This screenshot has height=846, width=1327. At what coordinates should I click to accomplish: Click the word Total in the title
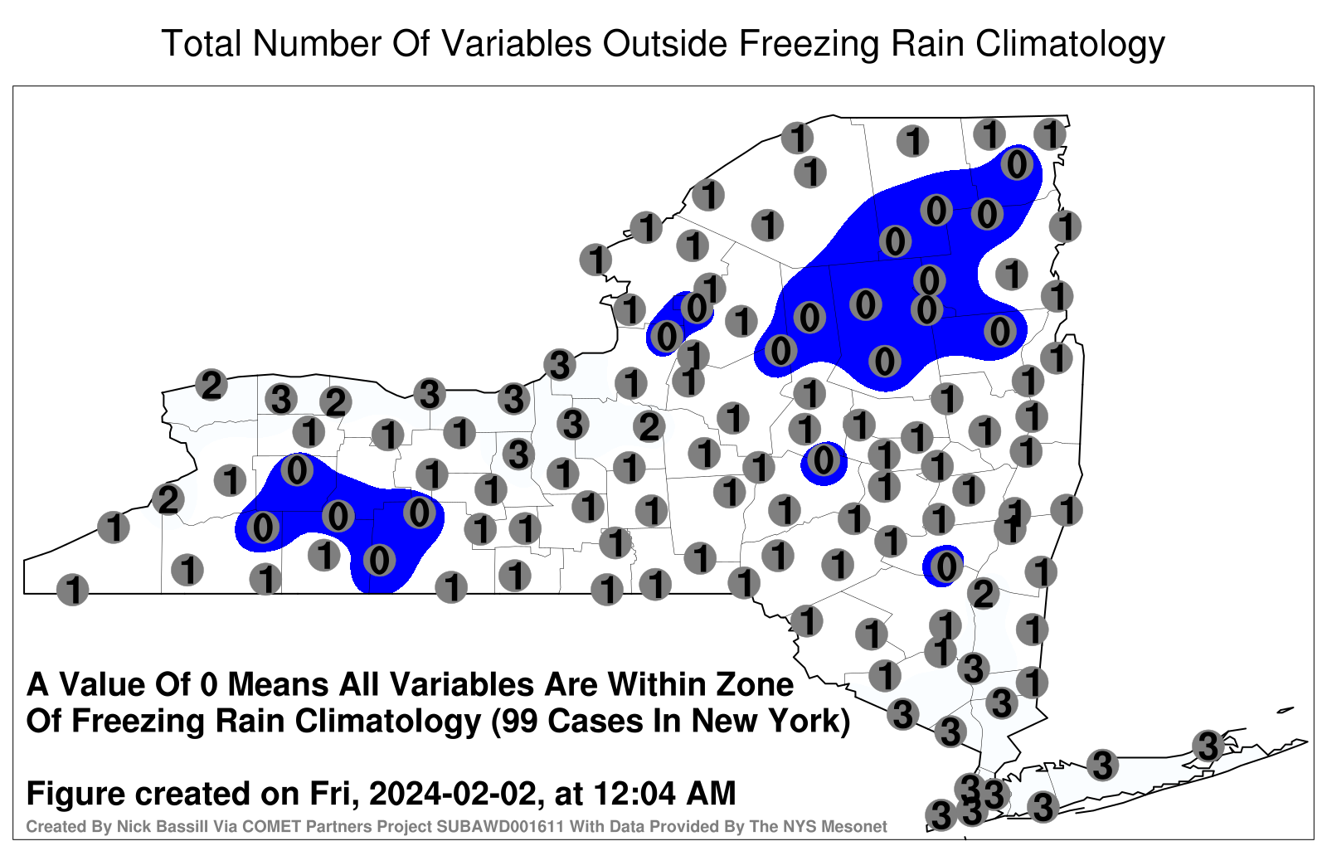pyautogui.click(x=202, y=43)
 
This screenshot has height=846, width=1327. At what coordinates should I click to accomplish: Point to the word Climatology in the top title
pyautogui.click(x=1071, y=45)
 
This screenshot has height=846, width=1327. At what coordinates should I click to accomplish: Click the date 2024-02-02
pyautogui.click(x=453, y=793)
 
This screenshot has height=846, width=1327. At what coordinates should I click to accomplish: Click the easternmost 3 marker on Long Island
pyautogui.click(x=1208, y=746)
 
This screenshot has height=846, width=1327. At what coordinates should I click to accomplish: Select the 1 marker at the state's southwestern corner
pyautogui.click(x=72, y=590)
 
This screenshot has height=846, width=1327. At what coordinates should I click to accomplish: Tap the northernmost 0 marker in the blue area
pyautogui.click(x=1017, y=165)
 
